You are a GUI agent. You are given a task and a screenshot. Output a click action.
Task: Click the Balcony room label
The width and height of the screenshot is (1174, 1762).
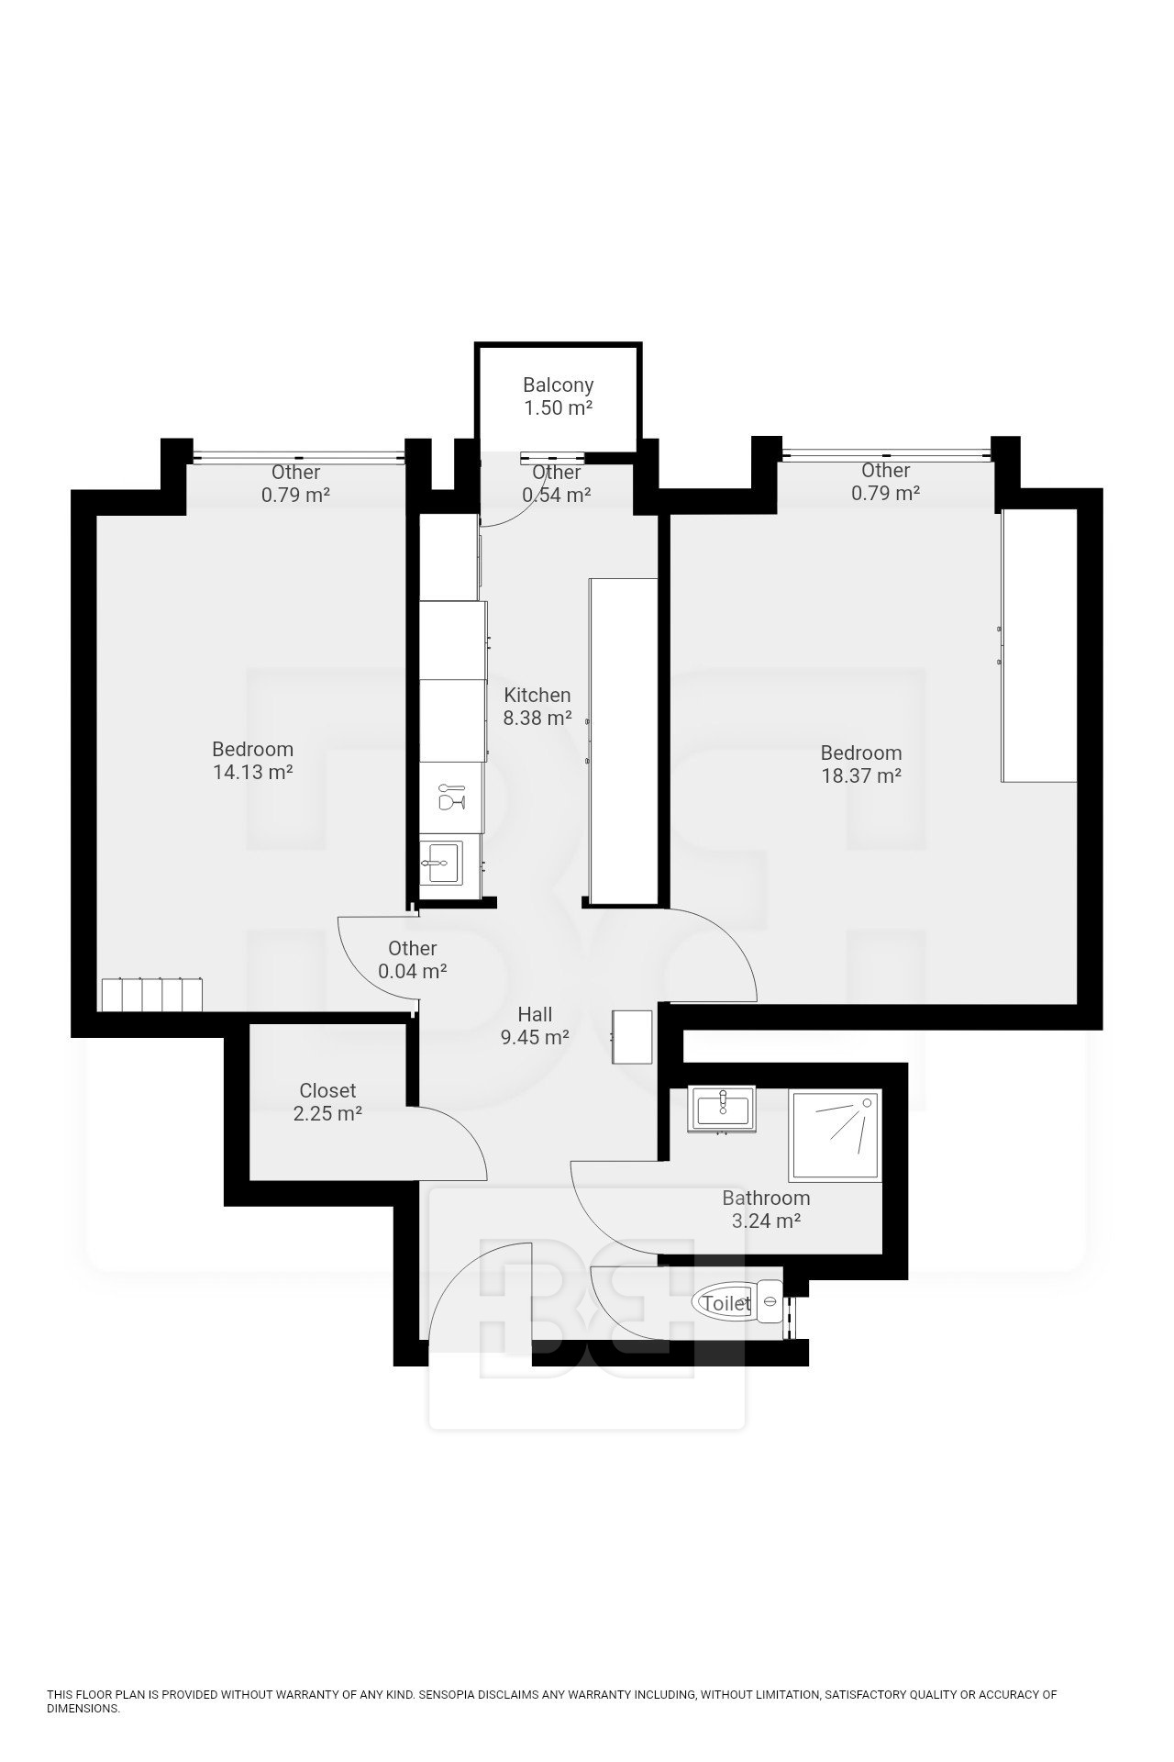558,385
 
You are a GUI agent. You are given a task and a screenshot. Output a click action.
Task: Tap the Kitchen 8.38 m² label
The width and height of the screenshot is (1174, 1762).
537,707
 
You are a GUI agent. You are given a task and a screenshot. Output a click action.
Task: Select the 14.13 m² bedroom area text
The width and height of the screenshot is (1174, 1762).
253,773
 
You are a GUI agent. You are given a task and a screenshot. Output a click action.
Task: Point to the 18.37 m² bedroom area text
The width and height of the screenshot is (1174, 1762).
861,776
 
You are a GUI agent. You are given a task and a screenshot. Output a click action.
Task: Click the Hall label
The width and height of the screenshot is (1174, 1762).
535,1014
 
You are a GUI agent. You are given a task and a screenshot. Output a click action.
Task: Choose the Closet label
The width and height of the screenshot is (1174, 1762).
327,1091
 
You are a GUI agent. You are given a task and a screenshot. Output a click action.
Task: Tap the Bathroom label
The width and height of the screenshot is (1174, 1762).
766,1199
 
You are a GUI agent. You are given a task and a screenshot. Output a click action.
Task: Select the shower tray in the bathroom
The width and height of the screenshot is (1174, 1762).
835,1136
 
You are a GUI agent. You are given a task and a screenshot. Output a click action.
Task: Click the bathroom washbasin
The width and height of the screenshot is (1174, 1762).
723,1108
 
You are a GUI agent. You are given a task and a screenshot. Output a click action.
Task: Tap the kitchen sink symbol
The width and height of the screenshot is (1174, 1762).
443,863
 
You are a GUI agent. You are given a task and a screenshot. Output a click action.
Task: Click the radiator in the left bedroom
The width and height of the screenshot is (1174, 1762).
152,995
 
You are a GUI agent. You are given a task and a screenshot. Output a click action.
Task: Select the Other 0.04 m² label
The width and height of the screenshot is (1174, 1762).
413,960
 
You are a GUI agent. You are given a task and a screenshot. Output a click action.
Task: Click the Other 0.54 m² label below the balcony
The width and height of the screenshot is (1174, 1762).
557,484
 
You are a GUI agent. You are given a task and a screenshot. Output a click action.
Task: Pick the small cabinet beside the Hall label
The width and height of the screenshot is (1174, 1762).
632,1037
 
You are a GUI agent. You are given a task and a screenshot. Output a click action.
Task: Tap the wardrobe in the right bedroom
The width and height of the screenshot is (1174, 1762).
1039,645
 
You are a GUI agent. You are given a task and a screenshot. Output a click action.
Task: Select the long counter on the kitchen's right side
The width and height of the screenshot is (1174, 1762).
623,742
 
